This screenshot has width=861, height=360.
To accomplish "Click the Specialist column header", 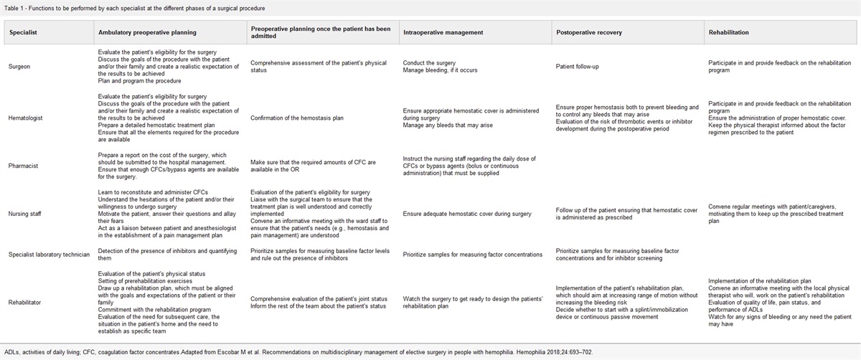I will tap(22, 32).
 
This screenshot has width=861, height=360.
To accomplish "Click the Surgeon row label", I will tap(20, 67).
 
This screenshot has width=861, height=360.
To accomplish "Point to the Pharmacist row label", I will tap(23, 163).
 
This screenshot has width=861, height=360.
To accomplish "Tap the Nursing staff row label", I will tap(25, 210).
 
